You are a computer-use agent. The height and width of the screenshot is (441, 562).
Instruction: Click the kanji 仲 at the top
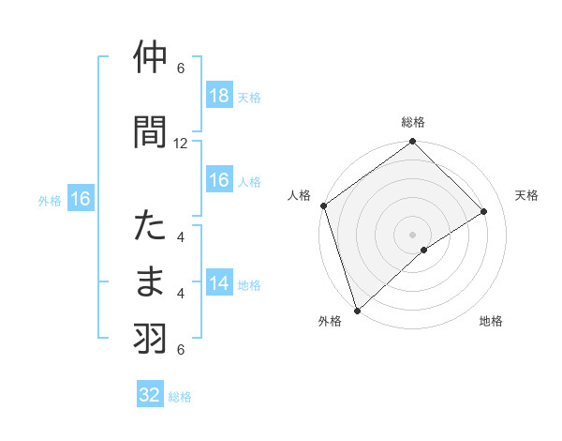[150, 58]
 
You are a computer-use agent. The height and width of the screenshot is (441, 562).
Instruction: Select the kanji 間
[150, 132]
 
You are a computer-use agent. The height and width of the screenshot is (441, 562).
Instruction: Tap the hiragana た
[150, 227]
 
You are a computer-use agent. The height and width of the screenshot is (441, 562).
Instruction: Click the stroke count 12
[181, 144]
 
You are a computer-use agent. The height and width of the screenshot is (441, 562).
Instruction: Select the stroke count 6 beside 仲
[181, 68]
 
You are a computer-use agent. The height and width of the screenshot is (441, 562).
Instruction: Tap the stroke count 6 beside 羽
[181, 350]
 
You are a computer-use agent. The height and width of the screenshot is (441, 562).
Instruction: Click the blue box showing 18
[218, 95]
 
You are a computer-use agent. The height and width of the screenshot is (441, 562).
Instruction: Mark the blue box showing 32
[150, 395]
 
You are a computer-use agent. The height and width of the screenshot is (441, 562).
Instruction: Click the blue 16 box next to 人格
[218, 180]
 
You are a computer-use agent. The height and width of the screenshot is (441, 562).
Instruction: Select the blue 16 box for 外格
[80, 198]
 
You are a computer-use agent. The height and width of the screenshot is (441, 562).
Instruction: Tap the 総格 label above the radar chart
[412, 122]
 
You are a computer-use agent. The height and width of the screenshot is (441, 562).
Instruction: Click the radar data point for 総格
[412, 142]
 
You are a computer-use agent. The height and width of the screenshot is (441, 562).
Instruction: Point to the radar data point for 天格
[484, 211]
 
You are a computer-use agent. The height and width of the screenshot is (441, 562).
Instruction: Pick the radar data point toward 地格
[424, 250]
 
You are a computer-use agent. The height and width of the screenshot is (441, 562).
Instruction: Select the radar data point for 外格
[356, 310]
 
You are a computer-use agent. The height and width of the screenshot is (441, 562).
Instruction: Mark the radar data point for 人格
[323, 205]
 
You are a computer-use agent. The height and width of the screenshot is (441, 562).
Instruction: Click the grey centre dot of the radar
[412, 234]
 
